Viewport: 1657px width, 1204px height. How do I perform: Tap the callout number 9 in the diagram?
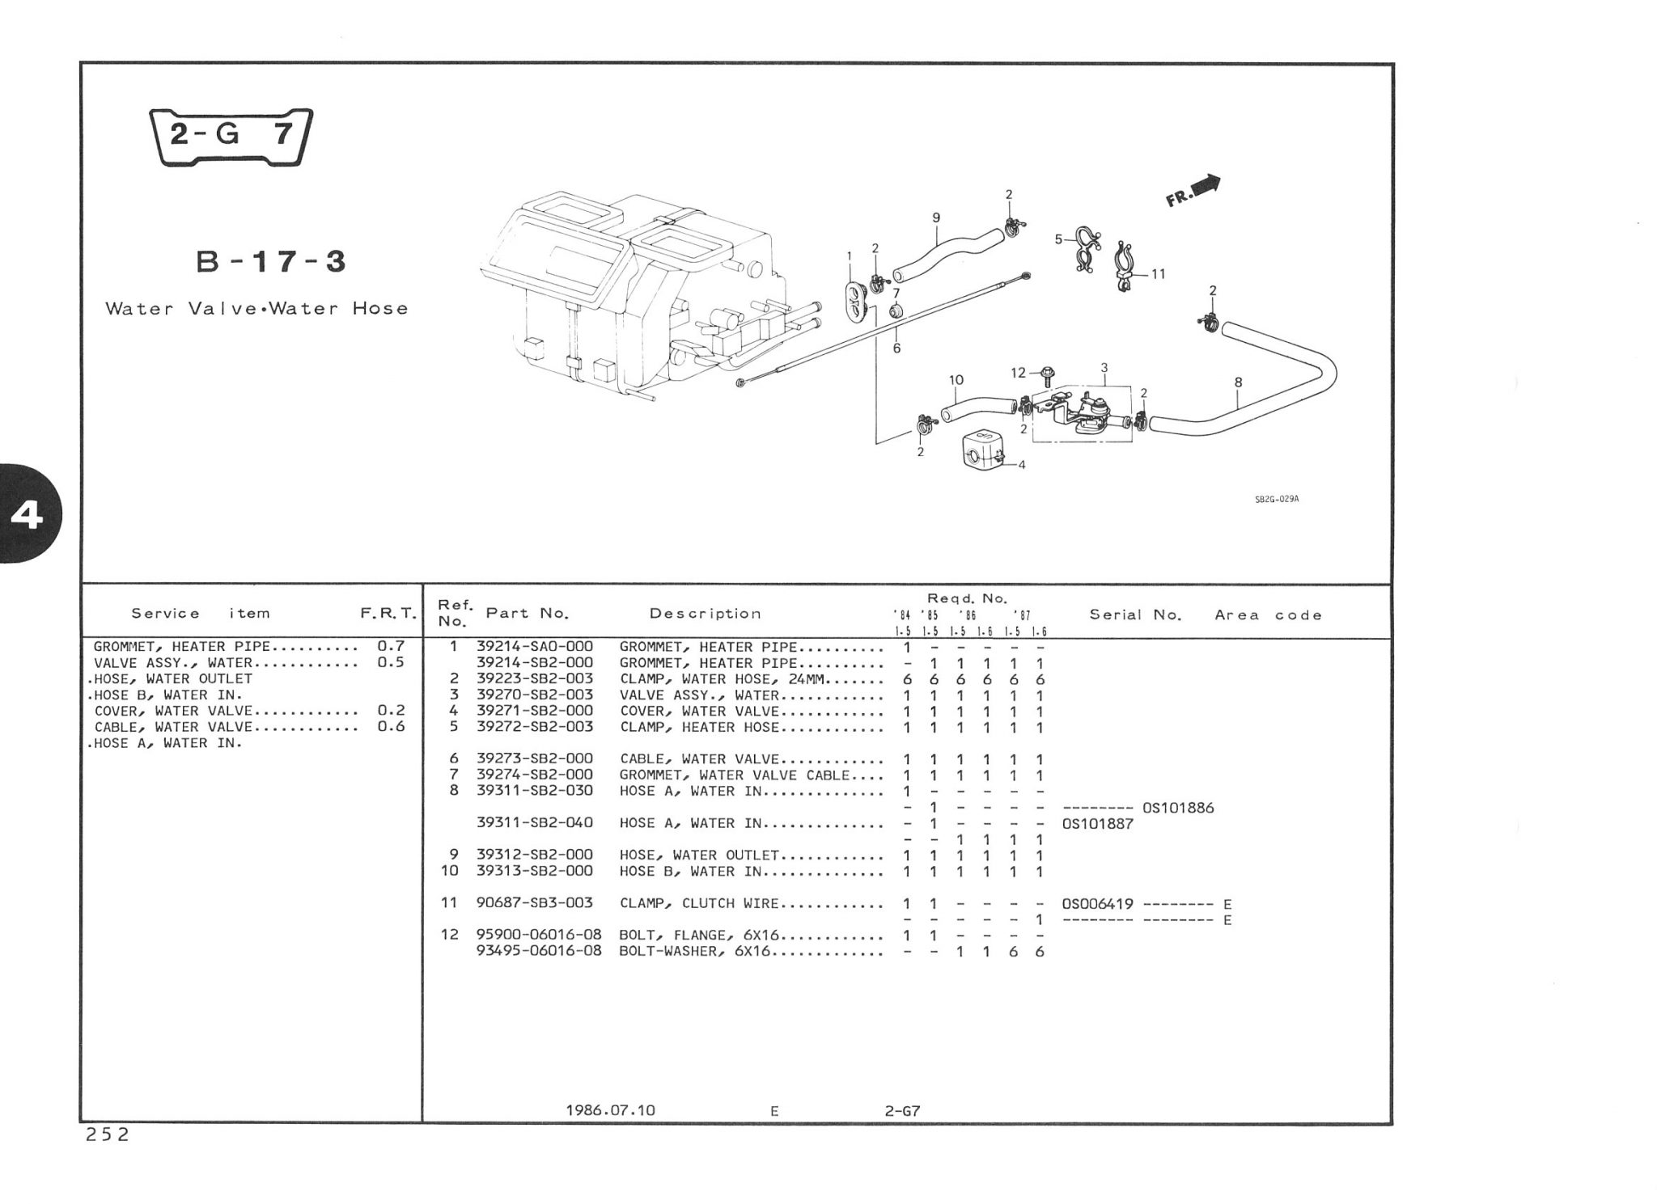tap(936, 218)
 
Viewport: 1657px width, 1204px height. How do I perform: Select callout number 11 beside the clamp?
tap(1158, 274)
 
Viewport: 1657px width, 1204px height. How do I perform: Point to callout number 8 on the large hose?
tap(1238, 382)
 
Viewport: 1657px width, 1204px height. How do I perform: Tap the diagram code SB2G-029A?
tap(1276, 500)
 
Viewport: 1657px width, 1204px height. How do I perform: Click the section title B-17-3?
tap(271, 262)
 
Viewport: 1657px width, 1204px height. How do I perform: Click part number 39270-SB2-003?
tap(534, 695)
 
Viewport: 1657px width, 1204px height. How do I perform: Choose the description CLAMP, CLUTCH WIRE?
tap(698, 903)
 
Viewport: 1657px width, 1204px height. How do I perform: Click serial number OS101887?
tap(1097, 824)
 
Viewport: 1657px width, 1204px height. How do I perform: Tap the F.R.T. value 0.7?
tap(390, 647)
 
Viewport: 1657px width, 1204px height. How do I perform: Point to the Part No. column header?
tap(527, 614)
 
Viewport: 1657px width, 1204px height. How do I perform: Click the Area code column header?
tap(1268, 615)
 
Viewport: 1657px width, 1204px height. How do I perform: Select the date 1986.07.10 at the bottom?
tap(610, 1110)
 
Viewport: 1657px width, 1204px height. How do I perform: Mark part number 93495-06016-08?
tap(539, 951)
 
